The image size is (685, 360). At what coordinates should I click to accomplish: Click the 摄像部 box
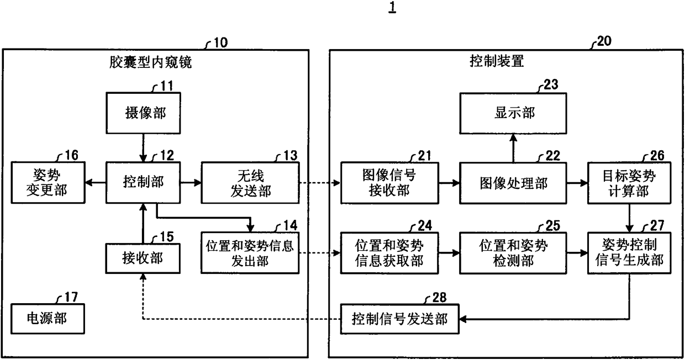[143, 113]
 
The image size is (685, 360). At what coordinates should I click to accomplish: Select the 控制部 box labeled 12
[143, 182]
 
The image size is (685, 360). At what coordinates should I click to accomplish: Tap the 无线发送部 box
[250, 183]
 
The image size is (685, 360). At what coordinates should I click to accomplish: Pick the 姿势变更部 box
[48, 182]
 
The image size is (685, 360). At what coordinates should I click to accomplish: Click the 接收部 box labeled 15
[143, 258]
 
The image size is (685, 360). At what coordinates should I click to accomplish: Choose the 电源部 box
[48, 319]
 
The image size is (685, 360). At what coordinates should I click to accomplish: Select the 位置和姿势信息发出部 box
[250, 253]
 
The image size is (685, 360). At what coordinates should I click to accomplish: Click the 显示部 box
[513, 113]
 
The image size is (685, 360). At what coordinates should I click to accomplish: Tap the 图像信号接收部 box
[389, 183]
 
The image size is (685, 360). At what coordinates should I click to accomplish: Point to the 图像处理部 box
[513, 183]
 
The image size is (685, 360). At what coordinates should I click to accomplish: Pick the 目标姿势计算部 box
[629, 183]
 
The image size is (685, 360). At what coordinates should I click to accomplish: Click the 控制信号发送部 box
[400, 319]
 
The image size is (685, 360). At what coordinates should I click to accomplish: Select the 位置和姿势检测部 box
[513, 253]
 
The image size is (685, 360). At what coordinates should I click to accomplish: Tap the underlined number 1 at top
[392, 7]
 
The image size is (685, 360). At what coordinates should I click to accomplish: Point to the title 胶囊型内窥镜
[150, 62]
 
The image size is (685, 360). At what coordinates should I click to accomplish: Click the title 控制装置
[497, 61]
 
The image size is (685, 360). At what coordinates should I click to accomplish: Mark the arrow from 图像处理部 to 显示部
[513, 148]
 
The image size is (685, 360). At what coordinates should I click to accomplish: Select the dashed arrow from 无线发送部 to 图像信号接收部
[320, 183]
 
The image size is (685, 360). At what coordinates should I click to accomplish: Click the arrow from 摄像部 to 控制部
[143, 148]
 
